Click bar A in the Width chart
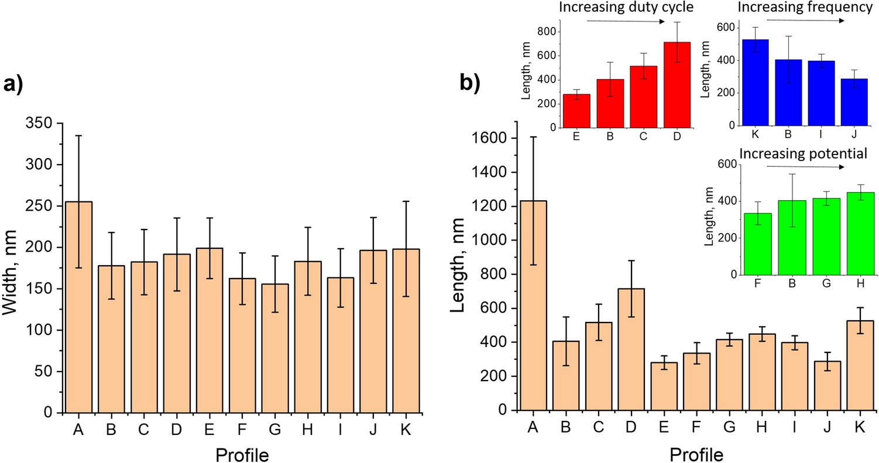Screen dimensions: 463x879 point(78,307)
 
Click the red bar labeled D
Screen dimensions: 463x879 point(677,85)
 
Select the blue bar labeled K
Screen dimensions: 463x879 point(753,83)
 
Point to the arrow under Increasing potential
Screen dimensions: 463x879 point(805,167)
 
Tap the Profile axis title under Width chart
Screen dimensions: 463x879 point(242,454)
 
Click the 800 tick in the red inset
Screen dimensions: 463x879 point(547,32)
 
